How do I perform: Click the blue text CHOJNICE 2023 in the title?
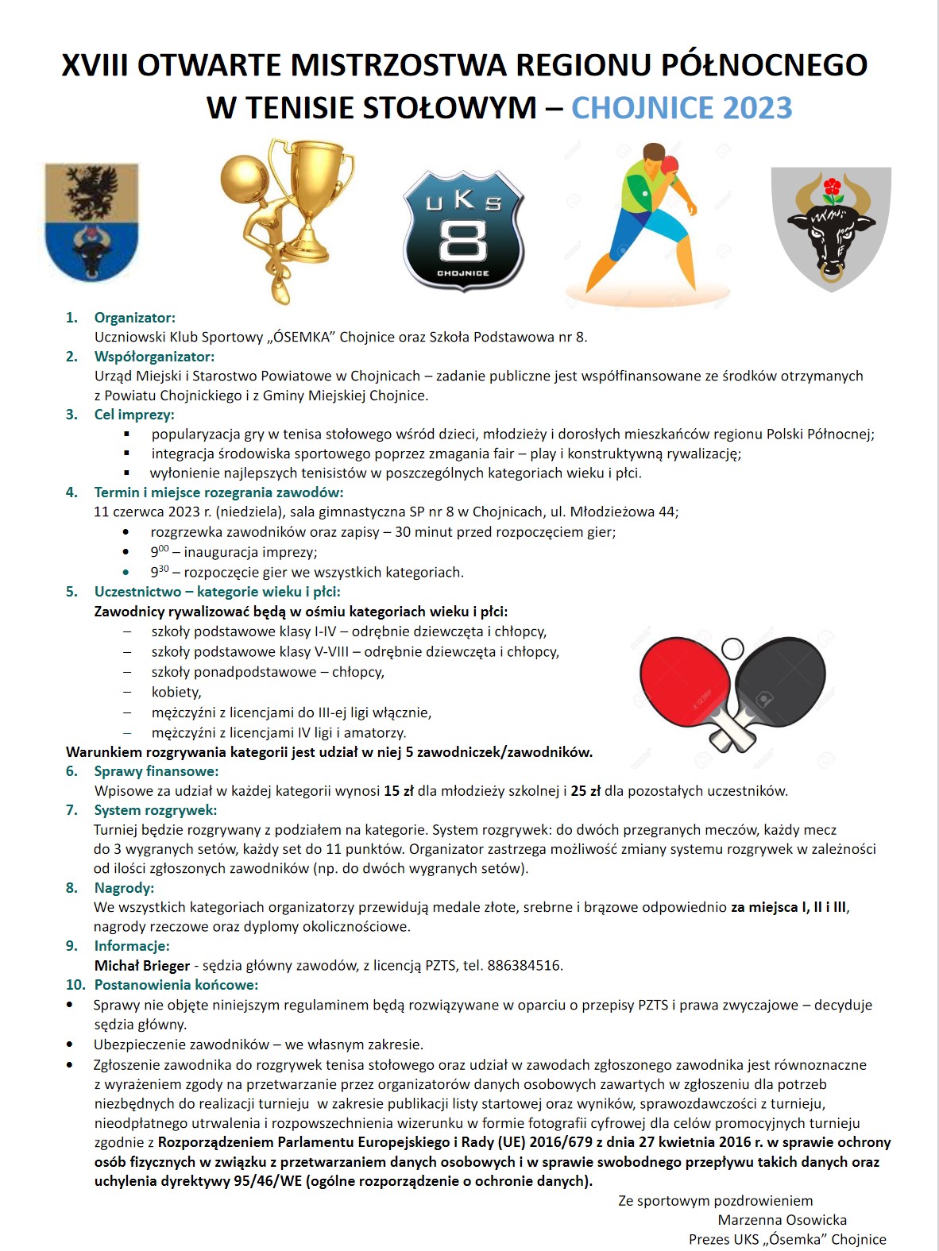pos(682,108)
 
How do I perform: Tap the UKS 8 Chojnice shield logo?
pos(463,229)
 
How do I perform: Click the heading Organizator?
pos(134,318)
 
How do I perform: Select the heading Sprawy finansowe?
pos(156,771)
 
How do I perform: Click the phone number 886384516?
pos(524,966)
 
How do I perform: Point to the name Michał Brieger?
pos(141,966)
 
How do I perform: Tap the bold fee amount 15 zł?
pos(399,791)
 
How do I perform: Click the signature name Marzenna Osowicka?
pos(782,1220)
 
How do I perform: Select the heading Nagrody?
pos(124,888)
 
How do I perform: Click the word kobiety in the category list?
pos(176,693)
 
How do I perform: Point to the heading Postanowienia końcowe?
pos(176,985)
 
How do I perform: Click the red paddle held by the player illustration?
pos(670,164)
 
